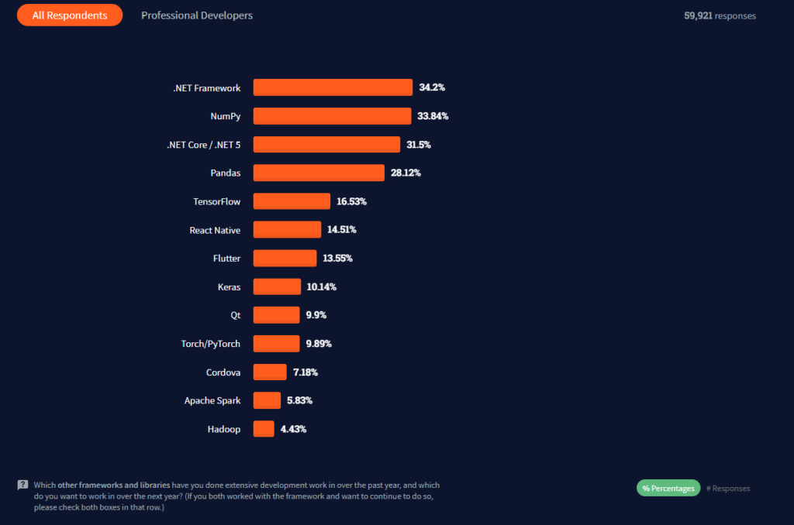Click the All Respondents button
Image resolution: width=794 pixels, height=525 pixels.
(70, 15)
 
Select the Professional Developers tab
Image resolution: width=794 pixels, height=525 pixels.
(197, 15)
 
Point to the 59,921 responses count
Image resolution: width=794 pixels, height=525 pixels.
(720, 15)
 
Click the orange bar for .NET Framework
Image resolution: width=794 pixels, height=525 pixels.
(333, 87)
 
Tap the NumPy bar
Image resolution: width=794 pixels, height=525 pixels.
(332, 116)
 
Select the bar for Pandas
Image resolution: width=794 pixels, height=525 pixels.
(319, 173)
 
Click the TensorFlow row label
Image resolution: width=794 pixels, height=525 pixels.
(217, 201)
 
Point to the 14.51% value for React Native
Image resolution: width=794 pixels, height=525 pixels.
(342, 230)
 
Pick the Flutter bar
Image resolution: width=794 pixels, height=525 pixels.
(285, 259)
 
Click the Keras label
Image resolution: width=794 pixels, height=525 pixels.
(229, 287)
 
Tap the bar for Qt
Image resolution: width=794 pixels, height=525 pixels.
(277, 315)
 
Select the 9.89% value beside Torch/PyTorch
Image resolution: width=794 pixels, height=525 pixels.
(319, 344)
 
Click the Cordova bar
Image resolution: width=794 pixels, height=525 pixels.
(270, 372)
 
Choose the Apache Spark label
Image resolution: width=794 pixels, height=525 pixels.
(212, 400)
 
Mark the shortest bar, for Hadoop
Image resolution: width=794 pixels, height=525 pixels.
(264, 429)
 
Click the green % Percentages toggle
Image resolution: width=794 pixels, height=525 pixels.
(668, 488)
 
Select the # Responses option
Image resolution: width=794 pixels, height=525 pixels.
(728, 489)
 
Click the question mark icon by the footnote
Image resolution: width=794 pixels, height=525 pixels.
(22, 485)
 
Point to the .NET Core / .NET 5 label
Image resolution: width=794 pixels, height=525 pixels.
(204, 145)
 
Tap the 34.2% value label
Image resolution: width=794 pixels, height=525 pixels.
(432, 87)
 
